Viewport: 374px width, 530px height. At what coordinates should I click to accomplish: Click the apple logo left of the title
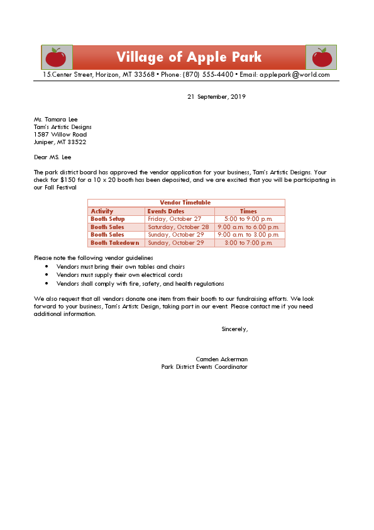(57, 57)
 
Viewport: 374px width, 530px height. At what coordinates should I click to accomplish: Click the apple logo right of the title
(321, 57)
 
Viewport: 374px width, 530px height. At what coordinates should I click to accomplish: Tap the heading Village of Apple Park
(189, 57)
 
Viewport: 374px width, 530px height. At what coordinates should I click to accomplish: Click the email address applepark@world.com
(294, 75)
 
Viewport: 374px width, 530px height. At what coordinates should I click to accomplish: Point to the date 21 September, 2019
(216, 97)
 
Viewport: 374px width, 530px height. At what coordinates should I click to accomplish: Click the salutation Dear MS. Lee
(53, 157)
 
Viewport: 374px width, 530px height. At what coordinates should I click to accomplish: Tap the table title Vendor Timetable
(185, 203)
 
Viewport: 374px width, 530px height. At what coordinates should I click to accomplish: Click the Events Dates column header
(166, 211)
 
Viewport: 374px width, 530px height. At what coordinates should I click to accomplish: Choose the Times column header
(248, 211)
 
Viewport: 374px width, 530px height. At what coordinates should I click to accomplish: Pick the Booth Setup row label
(107, 219)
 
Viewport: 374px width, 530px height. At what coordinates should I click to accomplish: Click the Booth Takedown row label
(114, 243)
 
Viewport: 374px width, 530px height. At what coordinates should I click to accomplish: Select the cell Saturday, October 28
(179, 227)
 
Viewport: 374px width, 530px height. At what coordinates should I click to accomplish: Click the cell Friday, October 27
(174, 219)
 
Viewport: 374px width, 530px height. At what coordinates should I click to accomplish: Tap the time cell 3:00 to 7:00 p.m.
(248, 243)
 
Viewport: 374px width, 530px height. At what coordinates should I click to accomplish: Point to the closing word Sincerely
(234, 329)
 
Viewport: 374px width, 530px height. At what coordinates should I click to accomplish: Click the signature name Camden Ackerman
(221, 359)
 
